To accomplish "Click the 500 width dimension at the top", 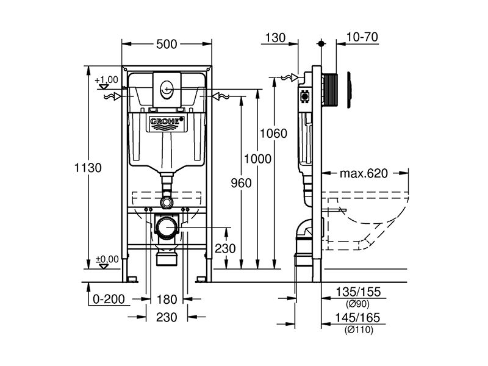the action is coord(167,44).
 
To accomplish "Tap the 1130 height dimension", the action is coord(88,168).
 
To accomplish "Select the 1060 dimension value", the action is coord(273,134).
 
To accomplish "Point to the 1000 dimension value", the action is coord(257,159).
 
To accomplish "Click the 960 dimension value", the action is coord(241,183).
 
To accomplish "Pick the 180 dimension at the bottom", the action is coord(167,300).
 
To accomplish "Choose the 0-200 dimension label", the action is coord(109,299).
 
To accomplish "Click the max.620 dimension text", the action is coord(364,173).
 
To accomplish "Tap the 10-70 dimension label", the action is coord(362,37).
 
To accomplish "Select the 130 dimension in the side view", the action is coord(275,38).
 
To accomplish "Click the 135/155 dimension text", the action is coord(358,292).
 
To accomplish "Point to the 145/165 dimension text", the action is coord(357,318).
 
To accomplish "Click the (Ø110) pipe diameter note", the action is coord(359,329).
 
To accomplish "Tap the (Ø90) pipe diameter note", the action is coord(357,303).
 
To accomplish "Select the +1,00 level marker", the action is coord(106,80).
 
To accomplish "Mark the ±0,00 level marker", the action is coord(107,259).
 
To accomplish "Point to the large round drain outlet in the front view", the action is coord(167,228).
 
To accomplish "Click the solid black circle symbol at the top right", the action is coord(321,43).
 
